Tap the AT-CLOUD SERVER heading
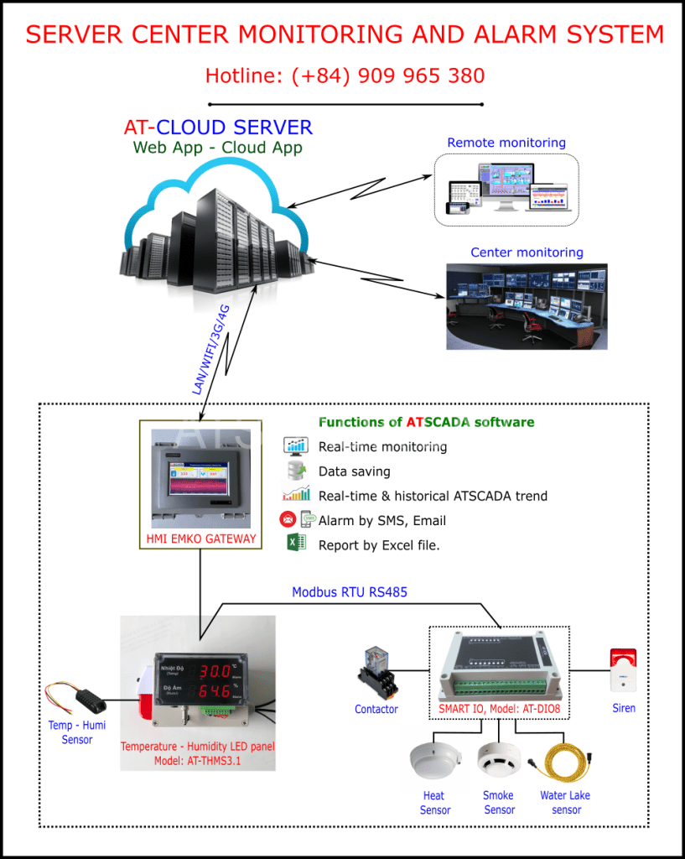[218, 128]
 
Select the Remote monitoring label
[506, 143]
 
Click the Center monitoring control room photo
[526, 305]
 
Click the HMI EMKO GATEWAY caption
[200, 539]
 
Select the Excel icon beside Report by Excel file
[296, 544]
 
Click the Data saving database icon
[296, 471]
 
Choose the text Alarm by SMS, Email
[381, 520]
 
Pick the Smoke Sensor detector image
[496, 761]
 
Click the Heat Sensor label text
[434, 803]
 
